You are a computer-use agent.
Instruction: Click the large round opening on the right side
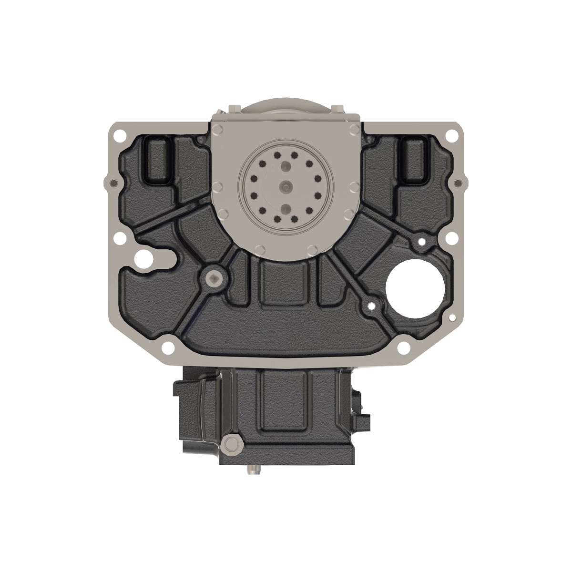click(414, 286)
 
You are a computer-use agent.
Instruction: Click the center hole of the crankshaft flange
click(285, 185)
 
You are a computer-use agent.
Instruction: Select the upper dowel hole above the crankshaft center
click(285, 165)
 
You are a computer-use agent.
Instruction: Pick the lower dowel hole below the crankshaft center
click(285, 208)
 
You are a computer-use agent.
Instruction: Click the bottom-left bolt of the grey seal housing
click(258, 249)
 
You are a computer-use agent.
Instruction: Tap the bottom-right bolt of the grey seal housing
click(312, 249)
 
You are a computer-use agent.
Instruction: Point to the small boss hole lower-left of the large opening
click(370, 303)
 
